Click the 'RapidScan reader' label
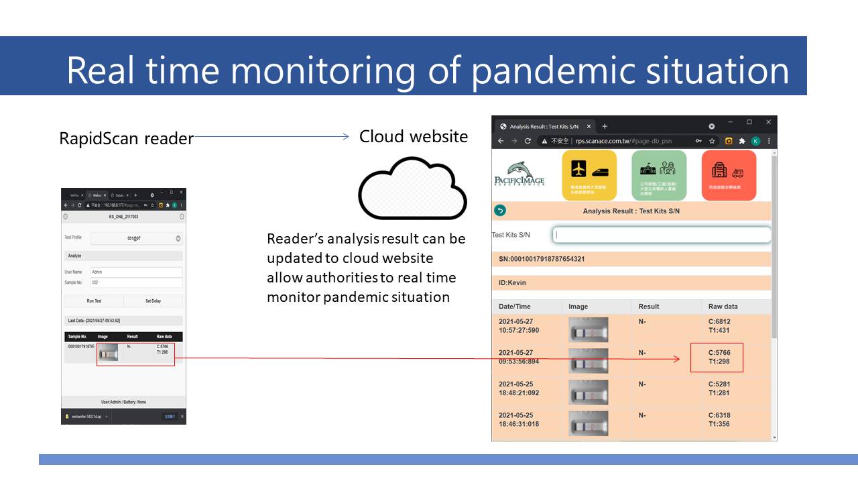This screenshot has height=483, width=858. click(x=126, y=139)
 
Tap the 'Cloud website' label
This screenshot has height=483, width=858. click(x=413, y=137)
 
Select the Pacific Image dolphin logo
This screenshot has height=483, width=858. click(x=519, y=174)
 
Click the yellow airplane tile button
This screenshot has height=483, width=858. click(x=589, y=175)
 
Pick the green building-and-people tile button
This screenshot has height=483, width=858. click(x=659, y=175)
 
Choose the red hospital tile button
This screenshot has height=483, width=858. click(x=729, y=175)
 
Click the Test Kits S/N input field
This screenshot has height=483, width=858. click(x=661, y=235)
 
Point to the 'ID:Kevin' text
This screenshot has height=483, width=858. click(x=513, y=283)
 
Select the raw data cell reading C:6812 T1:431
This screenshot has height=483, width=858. click(x=719, y=326)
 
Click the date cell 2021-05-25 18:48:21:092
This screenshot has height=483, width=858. click(x=519, y=388)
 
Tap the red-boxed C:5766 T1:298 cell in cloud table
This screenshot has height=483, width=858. click(x=717, y=357)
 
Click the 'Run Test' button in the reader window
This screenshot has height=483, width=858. click(x=94, y=301)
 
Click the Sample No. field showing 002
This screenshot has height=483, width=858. click(x=136, y=283)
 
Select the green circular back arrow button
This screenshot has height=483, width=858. click(x=499, y=211)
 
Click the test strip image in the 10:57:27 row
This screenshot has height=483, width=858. click(x=588, y=330)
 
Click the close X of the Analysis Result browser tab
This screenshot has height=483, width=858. click(x=589, y=126)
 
